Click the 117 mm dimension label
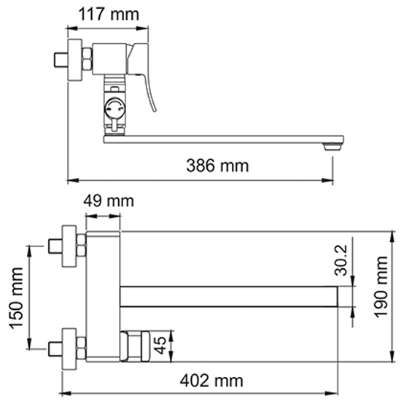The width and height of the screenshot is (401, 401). [x=109, y=15]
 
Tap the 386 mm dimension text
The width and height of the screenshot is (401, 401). [x=217, y=166]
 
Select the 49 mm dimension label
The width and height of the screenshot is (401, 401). [x=109, y=201]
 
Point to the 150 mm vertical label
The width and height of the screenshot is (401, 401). [x=16, y=298]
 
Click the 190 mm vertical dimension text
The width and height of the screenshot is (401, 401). [x=381, y=287]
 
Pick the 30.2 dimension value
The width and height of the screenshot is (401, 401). [x=340, y=260]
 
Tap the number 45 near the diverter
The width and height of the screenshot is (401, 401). [x=160, y=346]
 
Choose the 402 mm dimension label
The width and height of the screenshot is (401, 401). [x=211, y=381]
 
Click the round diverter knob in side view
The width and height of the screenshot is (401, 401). [x=114, y=108]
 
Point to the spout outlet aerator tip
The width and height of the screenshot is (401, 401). [x=332, y=147]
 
